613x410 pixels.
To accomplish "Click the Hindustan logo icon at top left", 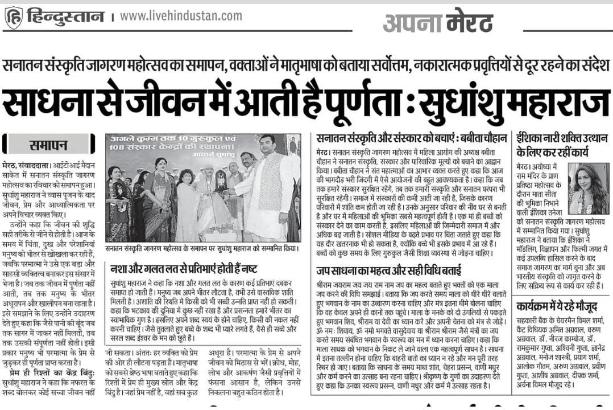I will [13, 18].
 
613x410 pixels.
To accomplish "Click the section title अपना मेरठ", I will [437, 22].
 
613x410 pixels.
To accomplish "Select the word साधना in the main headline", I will [52, 102].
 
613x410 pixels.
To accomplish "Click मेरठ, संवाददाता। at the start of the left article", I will [27, 165].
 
